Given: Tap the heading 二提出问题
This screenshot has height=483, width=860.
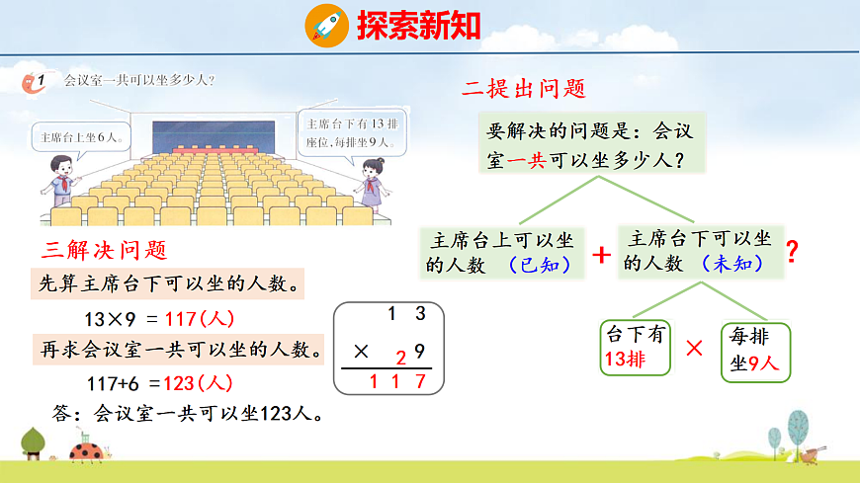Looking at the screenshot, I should [x=525, y=89].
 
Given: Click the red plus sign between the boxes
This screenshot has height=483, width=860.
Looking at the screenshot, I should [x=600, y=254].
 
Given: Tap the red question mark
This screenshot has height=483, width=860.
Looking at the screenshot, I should [x=791, y=253].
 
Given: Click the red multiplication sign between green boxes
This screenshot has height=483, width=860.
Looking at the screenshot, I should [x=695, y=348].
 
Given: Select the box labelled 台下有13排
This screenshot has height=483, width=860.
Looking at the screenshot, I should [x=635, y=347].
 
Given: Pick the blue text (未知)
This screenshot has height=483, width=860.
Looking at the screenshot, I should [x=732, y=265].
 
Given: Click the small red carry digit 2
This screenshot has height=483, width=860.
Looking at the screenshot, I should [x=400, y=358].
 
